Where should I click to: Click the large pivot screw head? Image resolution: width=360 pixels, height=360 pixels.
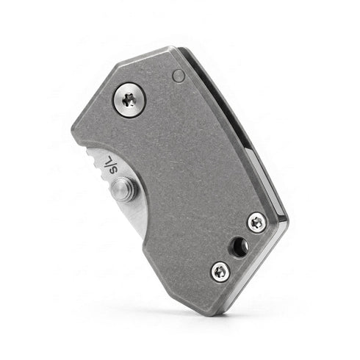[129, 100]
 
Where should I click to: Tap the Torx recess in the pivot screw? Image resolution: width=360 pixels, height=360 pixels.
[129, 100]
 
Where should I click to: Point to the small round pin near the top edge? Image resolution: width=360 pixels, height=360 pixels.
[178, 76]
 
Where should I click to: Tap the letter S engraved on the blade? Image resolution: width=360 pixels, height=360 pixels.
[112, 170]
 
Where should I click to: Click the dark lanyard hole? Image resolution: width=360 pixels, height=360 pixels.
[238, 247]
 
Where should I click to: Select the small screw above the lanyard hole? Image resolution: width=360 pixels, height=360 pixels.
[256, 223]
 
